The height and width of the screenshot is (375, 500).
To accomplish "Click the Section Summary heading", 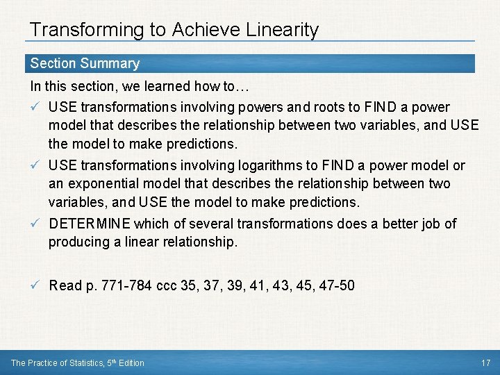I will point(85,63).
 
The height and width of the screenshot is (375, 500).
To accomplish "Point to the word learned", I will point(161,87).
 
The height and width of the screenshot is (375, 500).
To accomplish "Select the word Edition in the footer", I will point(132,362).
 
